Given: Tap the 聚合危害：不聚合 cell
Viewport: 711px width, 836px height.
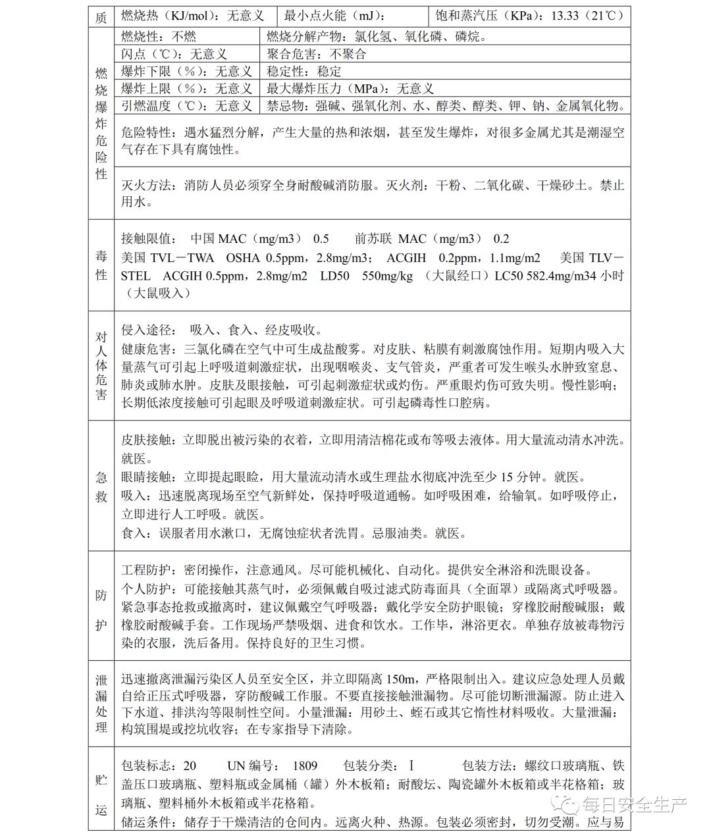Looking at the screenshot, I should point(317,54).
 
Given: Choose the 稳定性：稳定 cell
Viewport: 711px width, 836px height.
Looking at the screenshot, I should point(304,71).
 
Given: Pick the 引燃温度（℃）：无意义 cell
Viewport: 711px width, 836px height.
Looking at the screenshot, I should point(186,105).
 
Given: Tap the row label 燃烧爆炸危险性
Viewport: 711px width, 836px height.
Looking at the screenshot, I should point(101,123).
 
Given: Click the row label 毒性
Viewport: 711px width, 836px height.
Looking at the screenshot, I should point(101,265).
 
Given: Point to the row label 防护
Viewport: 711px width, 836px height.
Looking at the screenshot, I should point(101,606).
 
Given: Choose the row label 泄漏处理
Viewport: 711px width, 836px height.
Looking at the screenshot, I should point(101,704).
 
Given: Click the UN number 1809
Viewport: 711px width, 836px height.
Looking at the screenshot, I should point(305,766).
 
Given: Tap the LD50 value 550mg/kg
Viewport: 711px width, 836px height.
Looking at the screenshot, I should point(388,276).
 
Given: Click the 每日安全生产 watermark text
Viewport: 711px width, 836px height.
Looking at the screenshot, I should point(634,804).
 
